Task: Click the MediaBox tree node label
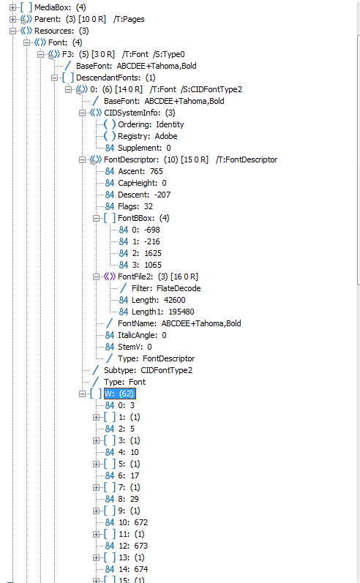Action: coord(60,7)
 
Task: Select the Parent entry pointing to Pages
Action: coord(89,19)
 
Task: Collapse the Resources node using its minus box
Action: coord(12,31)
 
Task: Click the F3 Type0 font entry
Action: coord(123,54)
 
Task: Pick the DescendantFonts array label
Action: coord(116,78)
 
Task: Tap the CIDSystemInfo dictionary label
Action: coord(140,113)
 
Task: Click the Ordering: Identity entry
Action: coord(151,124)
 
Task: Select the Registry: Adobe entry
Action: coord(147,136)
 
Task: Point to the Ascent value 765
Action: coord(157,171)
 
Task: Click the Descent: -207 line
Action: coord(144,195)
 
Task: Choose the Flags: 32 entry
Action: coord(135,206)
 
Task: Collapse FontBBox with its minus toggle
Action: coord(96,218)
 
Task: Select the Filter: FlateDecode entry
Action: coord(166,288)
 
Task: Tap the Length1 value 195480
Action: coord(181,312)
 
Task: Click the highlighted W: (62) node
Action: coord(120,394)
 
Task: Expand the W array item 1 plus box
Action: coord(96,417)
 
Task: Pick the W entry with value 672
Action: coord(133,522)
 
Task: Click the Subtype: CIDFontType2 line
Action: coord(148,370)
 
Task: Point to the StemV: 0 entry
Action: coord(135,347)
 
